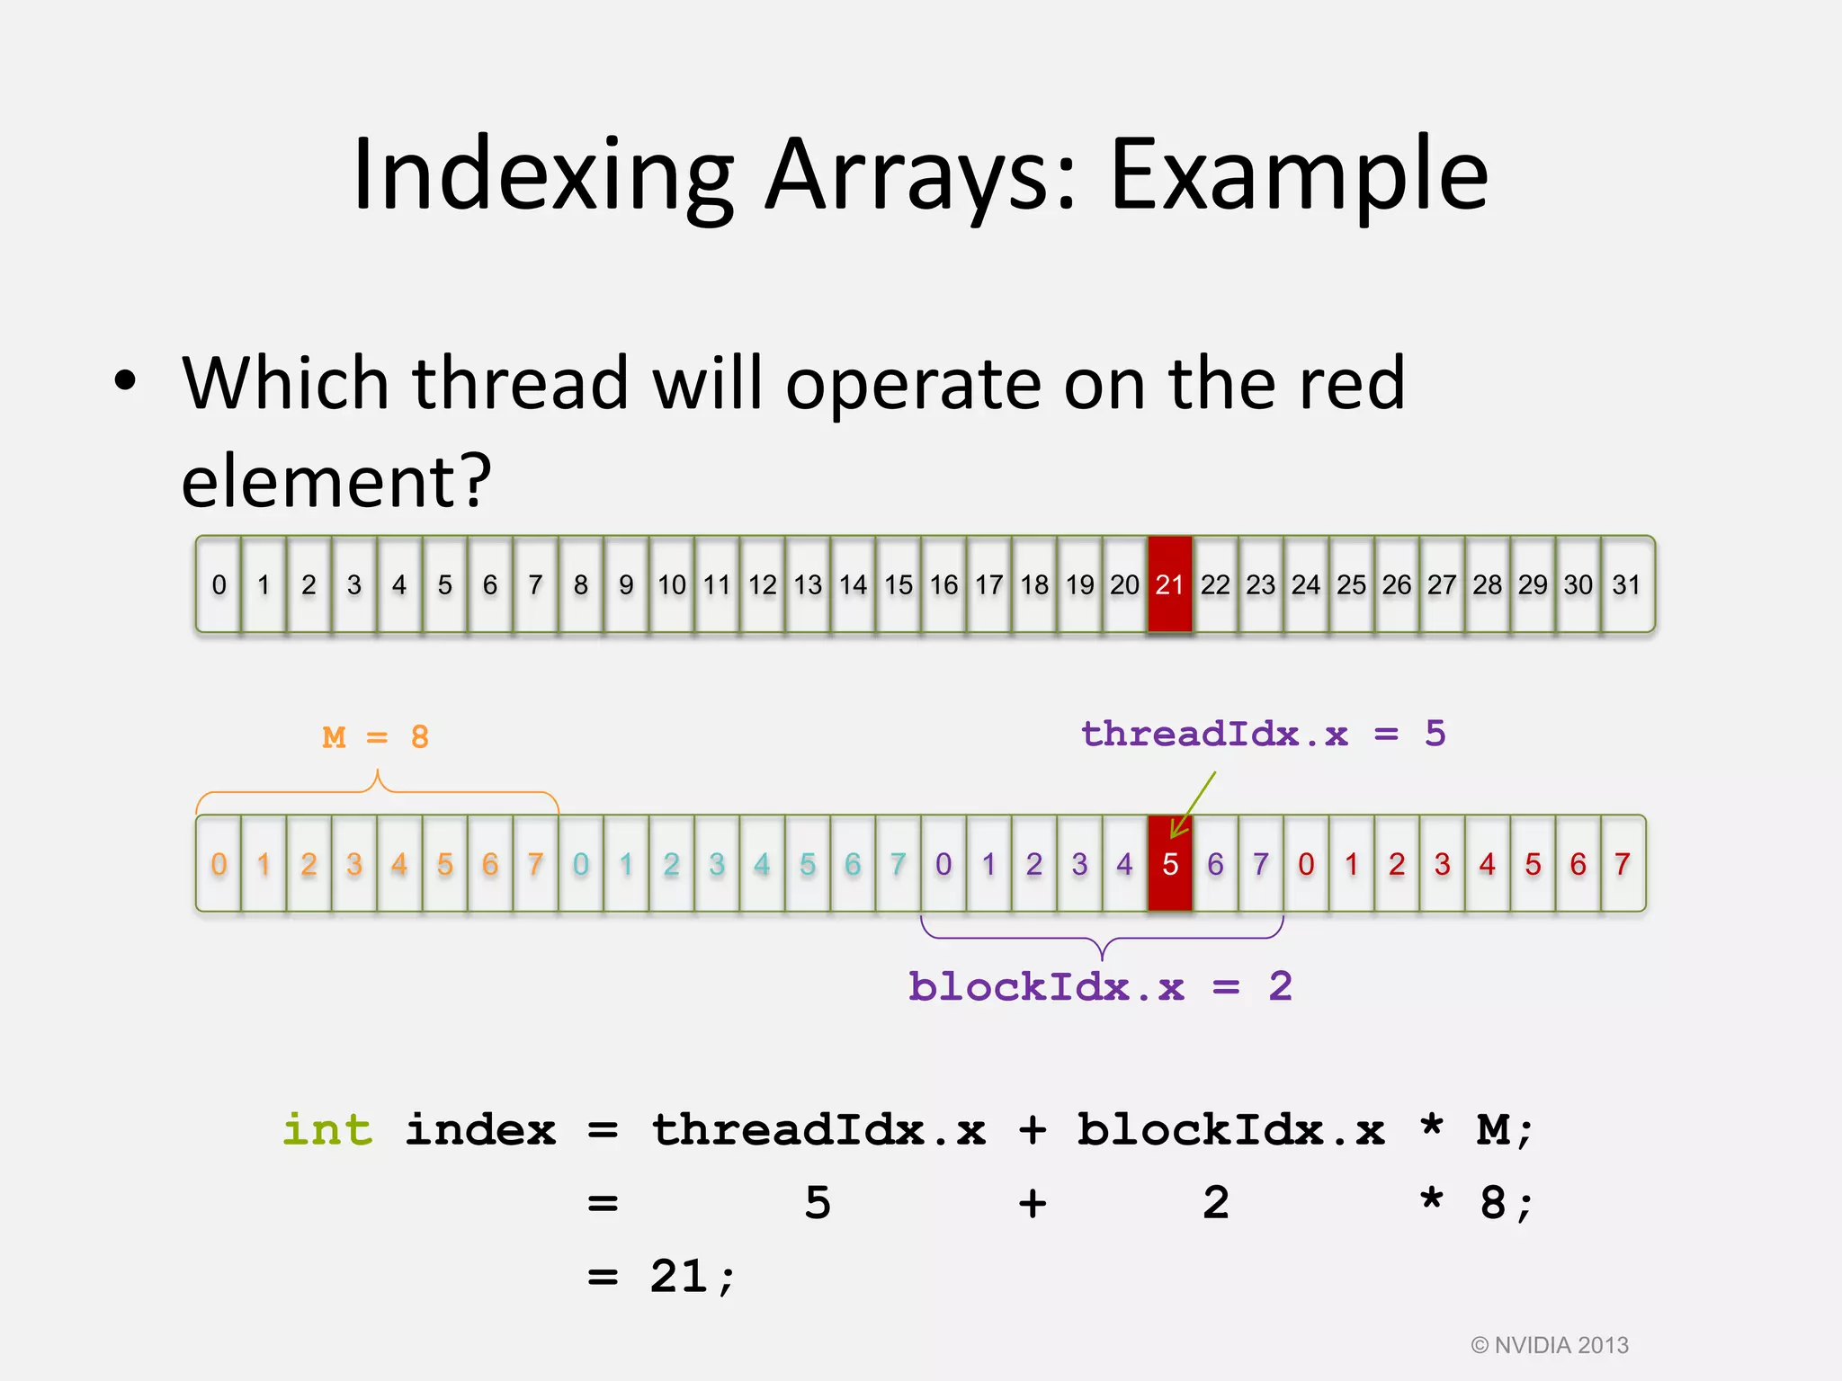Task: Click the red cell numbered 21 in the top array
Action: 1169,584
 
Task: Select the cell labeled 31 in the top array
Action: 1626,584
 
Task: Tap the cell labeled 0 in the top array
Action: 219,584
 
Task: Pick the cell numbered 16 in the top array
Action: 943,584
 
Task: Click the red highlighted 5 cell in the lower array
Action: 1169,864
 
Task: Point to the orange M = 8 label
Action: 376,737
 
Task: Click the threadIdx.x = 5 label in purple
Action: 1263,734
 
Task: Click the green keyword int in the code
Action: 327,1129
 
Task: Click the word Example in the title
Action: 1299,174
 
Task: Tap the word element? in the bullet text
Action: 336,481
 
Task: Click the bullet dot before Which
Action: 126,381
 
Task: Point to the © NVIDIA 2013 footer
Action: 1550,1345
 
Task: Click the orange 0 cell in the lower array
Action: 219,864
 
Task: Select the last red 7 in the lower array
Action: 1623,864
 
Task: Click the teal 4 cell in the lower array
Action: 762,864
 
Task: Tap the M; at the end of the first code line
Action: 1504,1129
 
